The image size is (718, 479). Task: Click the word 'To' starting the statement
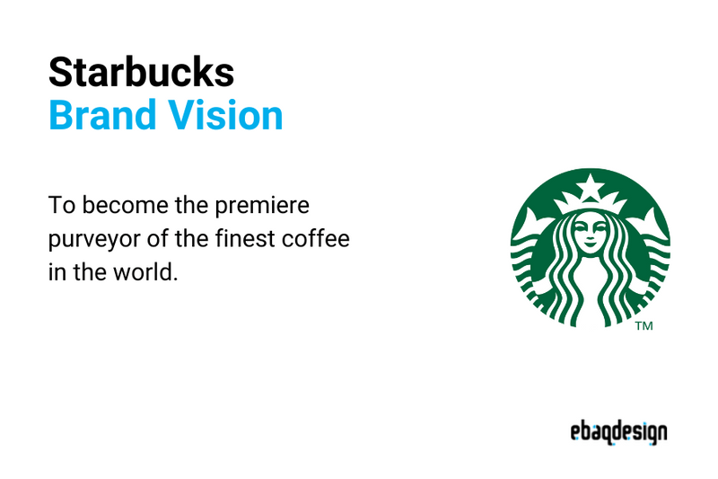point(60,206)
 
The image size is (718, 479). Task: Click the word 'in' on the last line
point(57,272)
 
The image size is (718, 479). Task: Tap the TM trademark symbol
point(644,326)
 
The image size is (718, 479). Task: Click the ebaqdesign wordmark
point(618,432)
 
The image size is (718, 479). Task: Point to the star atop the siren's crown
point(591,189)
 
